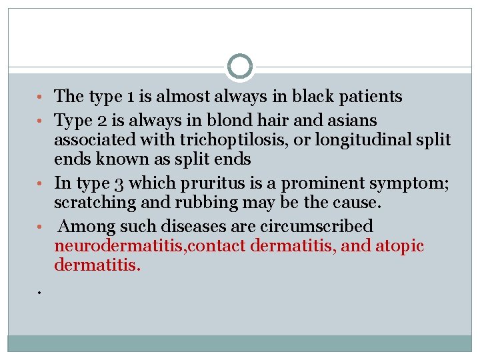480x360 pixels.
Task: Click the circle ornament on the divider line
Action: click(240, 67)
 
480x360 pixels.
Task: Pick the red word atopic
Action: click(399, 246)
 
